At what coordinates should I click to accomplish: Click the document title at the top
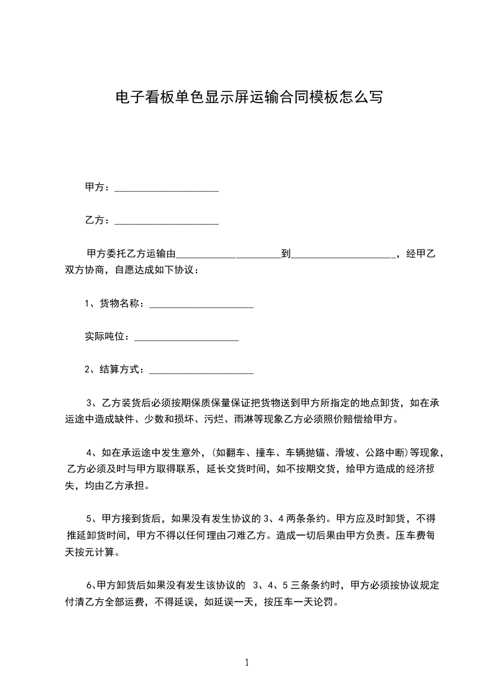coord(249,97)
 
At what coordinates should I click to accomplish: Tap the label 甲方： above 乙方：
coord(98,187)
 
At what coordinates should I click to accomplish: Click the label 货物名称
coord(122,304)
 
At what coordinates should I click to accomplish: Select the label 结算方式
coord(122,370)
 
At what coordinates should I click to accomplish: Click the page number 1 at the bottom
coord(247,663)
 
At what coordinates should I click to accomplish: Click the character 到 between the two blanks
coord(286,254)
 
